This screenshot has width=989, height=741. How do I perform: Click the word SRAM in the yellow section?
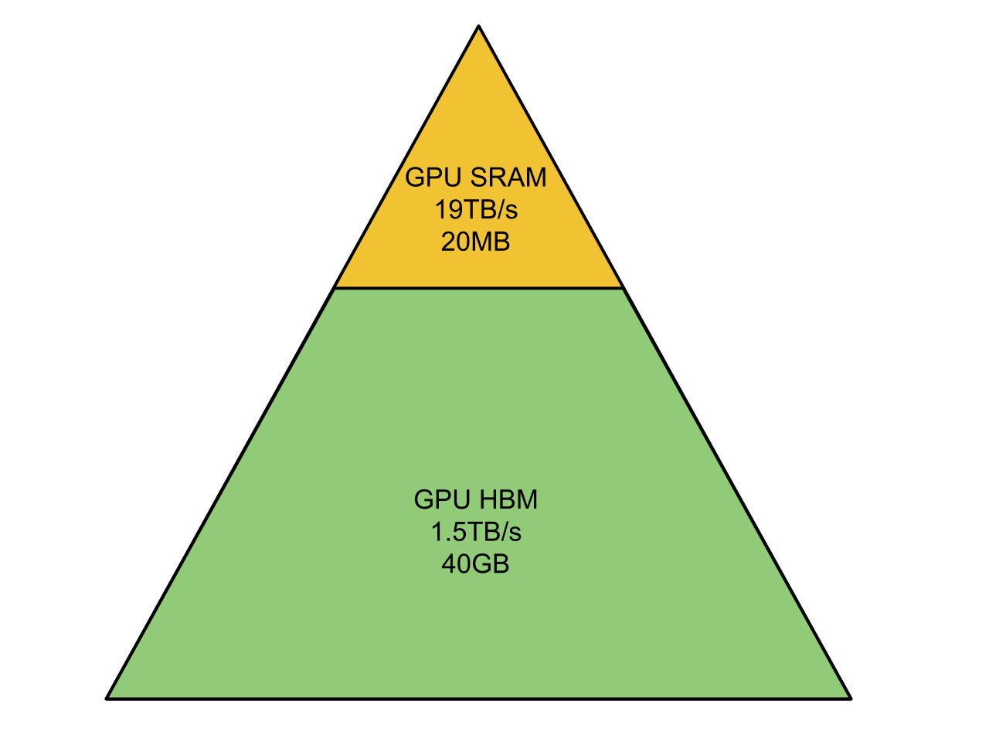508,178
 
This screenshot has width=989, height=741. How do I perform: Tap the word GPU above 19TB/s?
434,178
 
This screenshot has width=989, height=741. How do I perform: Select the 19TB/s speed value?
476,210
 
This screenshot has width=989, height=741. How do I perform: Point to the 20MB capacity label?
475,242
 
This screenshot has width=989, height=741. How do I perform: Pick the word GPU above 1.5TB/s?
444,499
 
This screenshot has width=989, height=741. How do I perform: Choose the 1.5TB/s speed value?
476,532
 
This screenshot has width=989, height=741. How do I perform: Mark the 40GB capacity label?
475,564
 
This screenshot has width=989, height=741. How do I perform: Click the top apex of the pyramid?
478,26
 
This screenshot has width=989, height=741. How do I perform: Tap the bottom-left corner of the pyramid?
107,699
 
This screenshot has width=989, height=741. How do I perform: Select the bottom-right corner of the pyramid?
851,699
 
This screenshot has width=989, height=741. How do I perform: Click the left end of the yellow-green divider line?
335,288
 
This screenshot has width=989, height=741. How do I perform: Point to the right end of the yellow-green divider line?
623,288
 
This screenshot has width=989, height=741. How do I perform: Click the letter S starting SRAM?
478,178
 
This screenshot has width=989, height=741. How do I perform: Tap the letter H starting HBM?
487,499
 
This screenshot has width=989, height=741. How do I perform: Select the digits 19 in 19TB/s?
448,210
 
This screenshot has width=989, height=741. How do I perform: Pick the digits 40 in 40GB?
455,564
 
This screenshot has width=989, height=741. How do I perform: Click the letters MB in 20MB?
490,242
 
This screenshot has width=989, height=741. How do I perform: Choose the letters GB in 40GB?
490,564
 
